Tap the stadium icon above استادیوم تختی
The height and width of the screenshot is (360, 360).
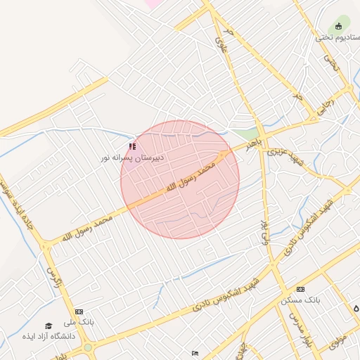(x=339, y=27)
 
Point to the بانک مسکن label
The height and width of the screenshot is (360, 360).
(x=300, y=300)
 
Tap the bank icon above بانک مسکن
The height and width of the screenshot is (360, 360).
(x=301, y=289)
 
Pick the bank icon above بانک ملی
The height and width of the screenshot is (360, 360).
(x=79, y=311)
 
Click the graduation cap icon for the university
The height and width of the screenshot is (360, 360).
(x=49, y=326)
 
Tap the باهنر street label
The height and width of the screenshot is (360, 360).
(x=252, y=143)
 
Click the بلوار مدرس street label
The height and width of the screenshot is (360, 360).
(x=295, y=333)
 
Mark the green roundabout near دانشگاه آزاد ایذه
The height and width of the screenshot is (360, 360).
(x=88, y=347)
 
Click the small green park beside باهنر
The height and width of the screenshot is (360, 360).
(x=245, y=133)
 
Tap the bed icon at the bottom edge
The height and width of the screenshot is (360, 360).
(x=195, y=353)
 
